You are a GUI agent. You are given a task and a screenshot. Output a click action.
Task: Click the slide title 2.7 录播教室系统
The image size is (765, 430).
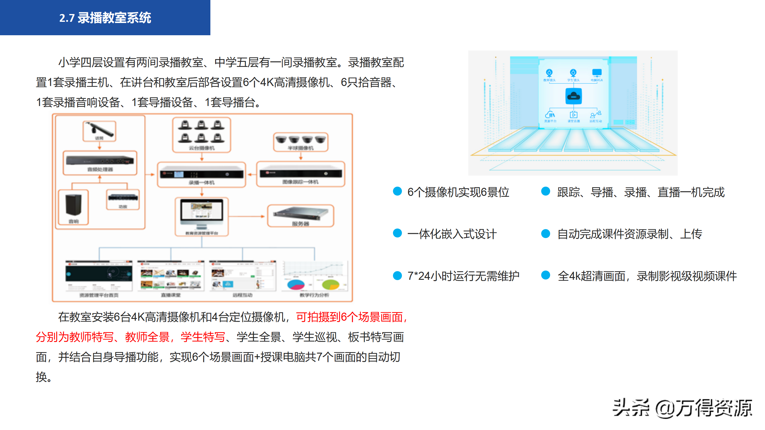(105, 18)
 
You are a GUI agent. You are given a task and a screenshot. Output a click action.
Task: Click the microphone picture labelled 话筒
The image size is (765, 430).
(100, 130)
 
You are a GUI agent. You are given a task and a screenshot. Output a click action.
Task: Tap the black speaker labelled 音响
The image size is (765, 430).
(74, 205)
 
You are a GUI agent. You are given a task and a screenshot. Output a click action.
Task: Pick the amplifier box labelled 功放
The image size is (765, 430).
(123, 198)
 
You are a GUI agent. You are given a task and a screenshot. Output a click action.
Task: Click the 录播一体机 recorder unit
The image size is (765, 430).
(201, 174)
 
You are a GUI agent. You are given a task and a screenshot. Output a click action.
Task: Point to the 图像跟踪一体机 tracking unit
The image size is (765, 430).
(300, 174)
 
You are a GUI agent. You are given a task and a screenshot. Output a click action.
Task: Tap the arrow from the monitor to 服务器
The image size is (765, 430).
(247, 216)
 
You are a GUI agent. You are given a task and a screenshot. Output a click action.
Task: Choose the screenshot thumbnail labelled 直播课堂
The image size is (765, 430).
(171, 276)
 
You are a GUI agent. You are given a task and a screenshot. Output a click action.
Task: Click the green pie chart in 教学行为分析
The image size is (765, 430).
(331, 284)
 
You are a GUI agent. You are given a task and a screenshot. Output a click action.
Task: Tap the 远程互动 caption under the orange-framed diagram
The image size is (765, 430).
(242, 295)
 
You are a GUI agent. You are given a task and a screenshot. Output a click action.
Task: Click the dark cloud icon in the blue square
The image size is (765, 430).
(573, 96)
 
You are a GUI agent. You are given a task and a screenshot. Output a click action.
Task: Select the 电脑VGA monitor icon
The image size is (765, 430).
(597, 73)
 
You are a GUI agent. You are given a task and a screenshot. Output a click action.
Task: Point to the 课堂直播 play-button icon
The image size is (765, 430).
(573, 115)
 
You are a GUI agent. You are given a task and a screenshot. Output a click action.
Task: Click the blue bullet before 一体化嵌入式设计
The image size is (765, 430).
(397, 233)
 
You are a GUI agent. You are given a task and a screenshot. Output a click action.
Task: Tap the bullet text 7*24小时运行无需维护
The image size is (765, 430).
(463, 276)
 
